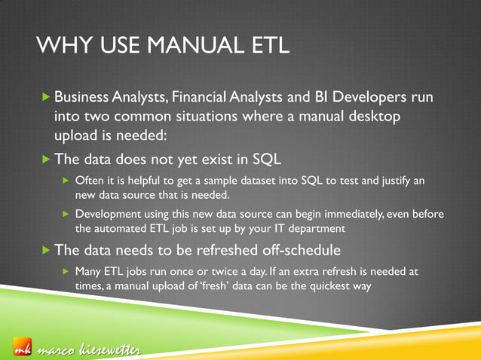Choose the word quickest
tap(332, 285)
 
